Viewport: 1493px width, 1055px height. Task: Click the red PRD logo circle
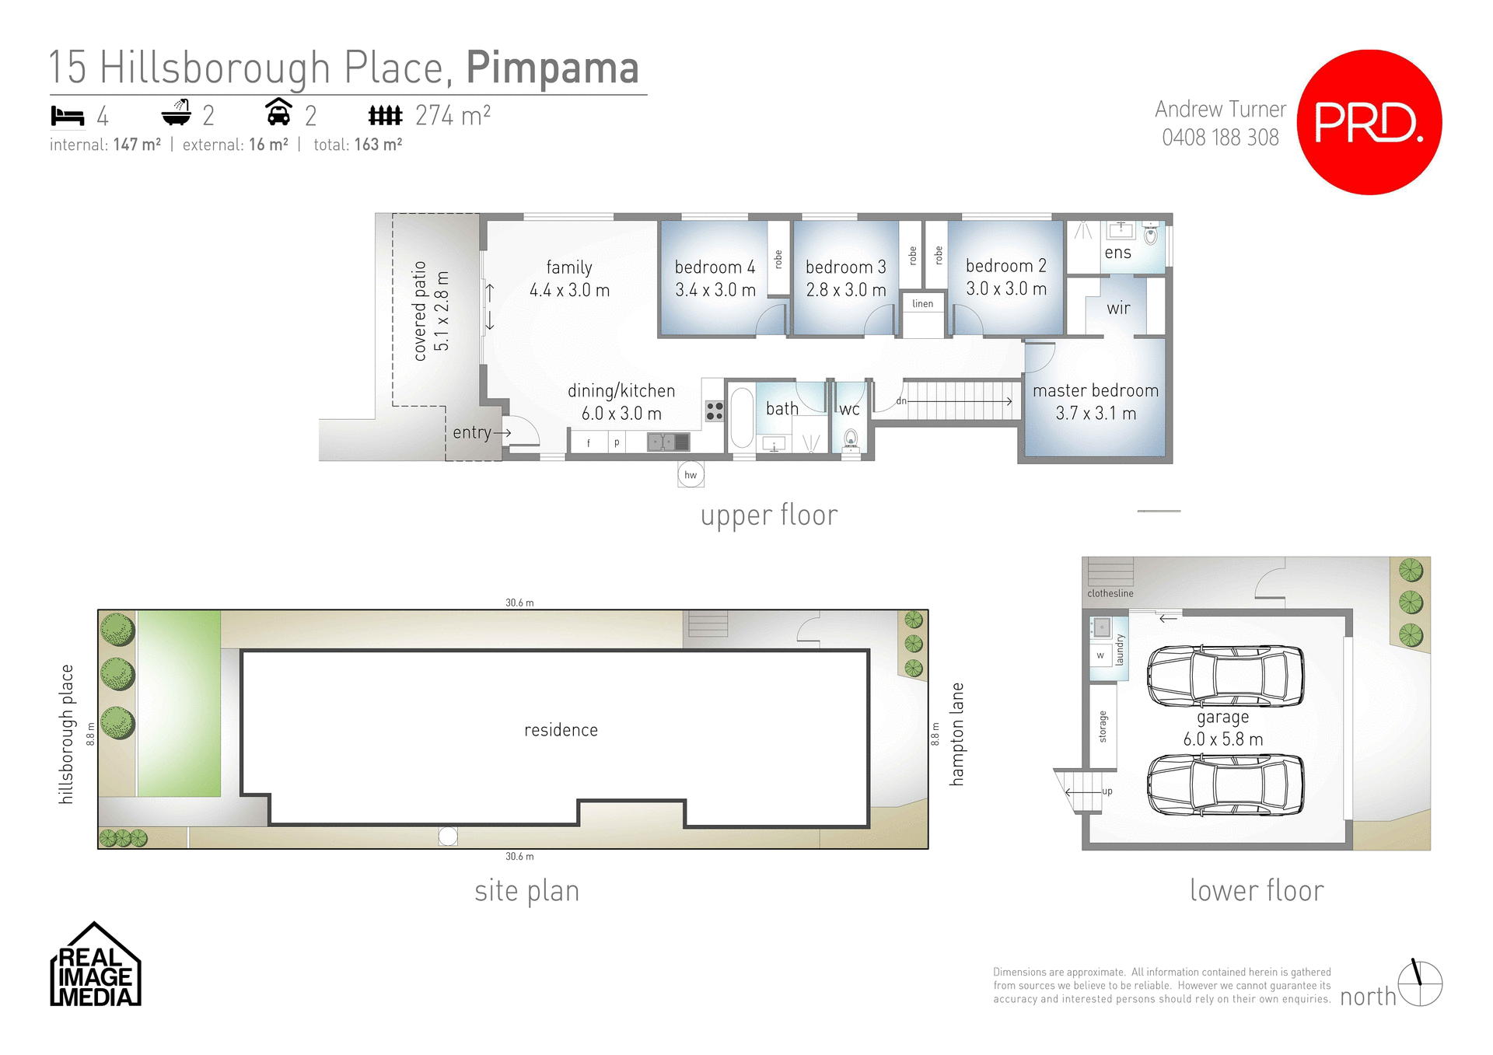pos(1369,122)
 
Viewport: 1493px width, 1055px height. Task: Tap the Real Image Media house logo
pos(96,966)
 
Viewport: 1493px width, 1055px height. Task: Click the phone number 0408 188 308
pos(1219,138)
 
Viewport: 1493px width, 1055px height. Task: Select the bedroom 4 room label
pos(715,267)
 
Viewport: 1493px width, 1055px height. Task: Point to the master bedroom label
pos(1095,391)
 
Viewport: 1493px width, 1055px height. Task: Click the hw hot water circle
pos(691,475)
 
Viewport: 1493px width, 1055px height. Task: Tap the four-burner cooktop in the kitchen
pos(715,411)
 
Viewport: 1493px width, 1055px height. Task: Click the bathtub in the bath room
pos(741,417)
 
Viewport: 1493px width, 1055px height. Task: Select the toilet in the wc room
pos(851,440)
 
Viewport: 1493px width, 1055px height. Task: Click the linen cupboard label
pos(922,304)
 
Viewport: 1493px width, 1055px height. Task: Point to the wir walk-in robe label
pos(1117,309)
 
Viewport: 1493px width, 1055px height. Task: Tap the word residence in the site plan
pos(561,730)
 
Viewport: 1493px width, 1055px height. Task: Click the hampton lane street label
pos(957,734)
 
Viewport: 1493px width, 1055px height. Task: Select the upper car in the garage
pos(1226,676)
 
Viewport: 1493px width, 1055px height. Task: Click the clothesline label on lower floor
pos(1110,593)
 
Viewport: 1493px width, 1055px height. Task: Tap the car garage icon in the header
pos(278,114)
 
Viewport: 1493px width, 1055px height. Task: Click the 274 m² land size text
pos(453,116)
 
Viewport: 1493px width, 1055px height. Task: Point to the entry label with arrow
pos(480,432)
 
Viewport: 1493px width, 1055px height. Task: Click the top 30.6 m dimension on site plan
pos(519,603)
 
